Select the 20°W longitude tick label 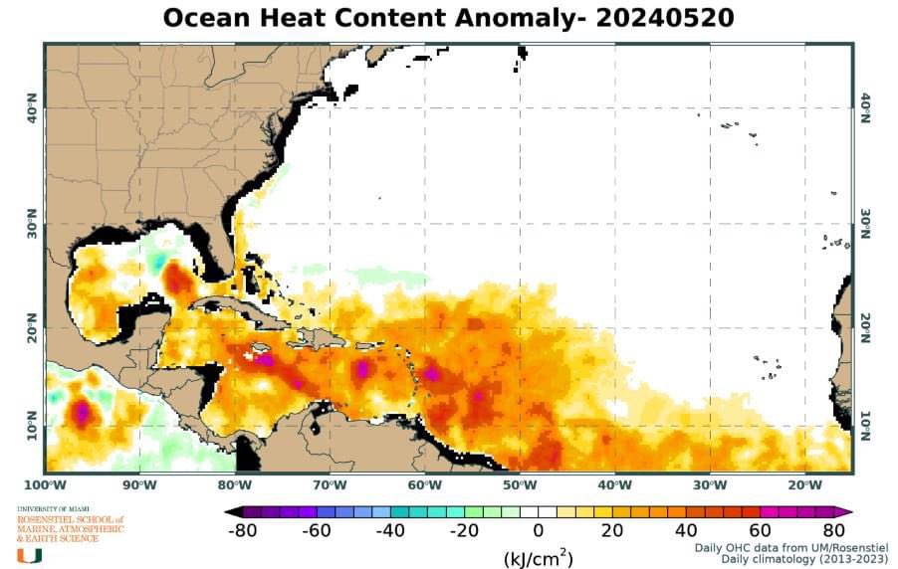tap(804, 484)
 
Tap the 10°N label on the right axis tap(865, 428)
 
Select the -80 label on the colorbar tap(243, 529)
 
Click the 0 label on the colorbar tap(538, 529)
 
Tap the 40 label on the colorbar tap(686, 529)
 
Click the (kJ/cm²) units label tap(538, 556)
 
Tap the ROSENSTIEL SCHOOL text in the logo tap(70, 519)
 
